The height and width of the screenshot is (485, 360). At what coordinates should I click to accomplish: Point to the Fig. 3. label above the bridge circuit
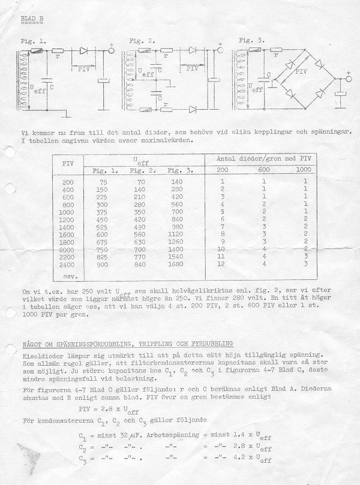[x=251, y=41]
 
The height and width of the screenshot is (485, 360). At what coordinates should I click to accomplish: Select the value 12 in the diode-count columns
[x=222, y=264]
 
